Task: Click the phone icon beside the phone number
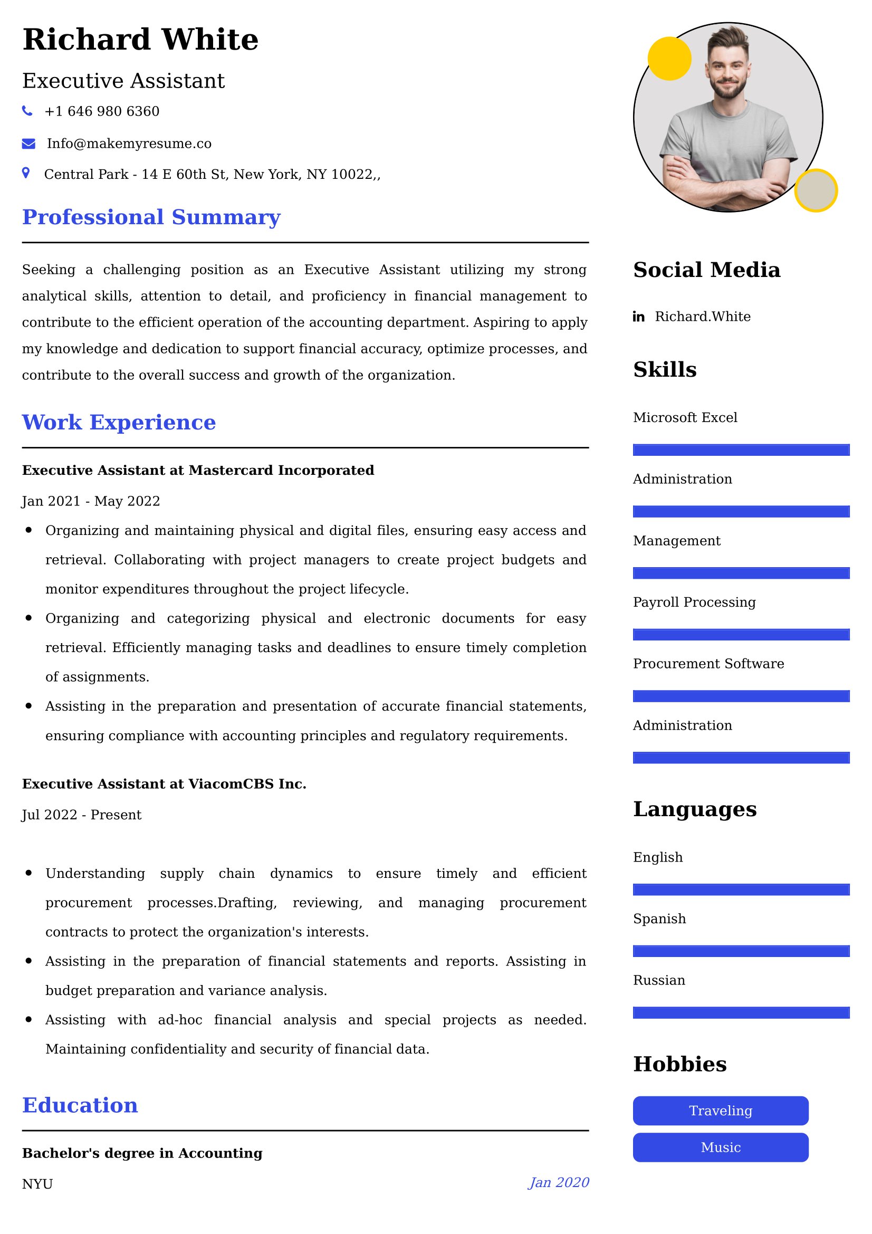[x=27, y=111]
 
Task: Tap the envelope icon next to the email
[x=28, y=144]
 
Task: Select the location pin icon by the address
[x=26, y=173]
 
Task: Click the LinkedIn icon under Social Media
[x=638, y=317]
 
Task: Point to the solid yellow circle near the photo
[x=669, y=59]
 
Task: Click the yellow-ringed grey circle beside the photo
[x=816, y=190]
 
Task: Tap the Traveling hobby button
[x=720, y=1111]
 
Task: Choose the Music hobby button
[x=720, y=1147]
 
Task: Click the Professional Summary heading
[x=151, y=217]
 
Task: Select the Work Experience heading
[x=119, y=423]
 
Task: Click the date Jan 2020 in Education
[x=559, y=1182]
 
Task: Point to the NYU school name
[x=37, y=1184]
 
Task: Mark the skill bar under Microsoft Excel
[x=741, y=450]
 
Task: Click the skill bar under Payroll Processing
[x=741, y=635]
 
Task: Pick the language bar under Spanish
[x=741, y=951]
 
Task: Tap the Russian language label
[x=659, y=980]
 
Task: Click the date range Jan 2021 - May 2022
[x=91, y=501]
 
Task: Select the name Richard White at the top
[x=140, y=40]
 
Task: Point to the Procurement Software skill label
[x=708, y=664]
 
